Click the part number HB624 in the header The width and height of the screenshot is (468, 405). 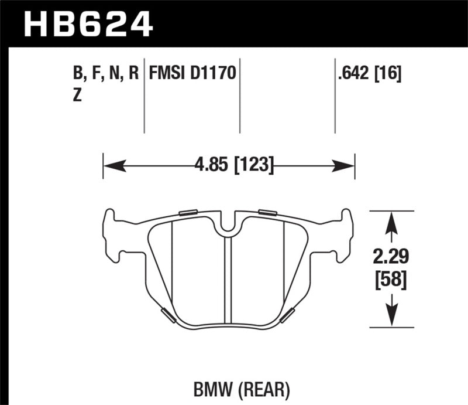pos(88,23)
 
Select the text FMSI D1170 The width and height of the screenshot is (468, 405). pos(192,74)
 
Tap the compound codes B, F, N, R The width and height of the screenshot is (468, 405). pos(106,74)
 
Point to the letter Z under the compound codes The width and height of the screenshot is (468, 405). pos(77,97)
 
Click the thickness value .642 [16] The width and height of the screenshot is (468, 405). pos(369,74)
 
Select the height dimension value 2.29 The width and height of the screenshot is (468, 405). pos(391,256)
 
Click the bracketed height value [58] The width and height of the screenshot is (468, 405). pos(391,280)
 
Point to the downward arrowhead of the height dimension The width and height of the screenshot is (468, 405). pos(391,317)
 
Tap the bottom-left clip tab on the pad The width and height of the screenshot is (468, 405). pos(167,314)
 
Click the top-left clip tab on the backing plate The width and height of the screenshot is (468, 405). pos(188,212)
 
